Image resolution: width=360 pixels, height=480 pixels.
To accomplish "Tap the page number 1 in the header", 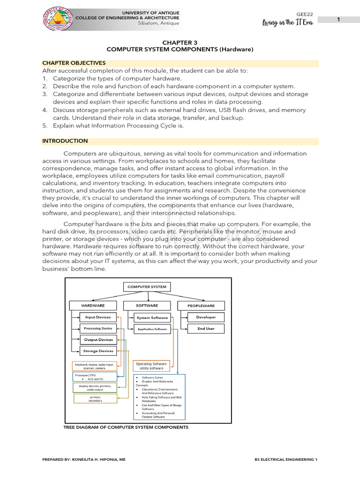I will [338, 19].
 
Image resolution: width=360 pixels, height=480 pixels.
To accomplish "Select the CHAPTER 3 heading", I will [180, 42].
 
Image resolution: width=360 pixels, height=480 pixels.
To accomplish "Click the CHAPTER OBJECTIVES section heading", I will [74, 63].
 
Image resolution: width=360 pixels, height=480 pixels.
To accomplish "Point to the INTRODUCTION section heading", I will [65, 141].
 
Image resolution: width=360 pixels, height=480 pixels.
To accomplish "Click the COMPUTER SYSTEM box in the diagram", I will [147, 287].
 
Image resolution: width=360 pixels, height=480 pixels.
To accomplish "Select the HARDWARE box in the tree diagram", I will [93, 306].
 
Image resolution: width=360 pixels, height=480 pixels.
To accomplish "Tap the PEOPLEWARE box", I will [201, 306].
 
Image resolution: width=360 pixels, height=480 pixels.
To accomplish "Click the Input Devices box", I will [98, 317].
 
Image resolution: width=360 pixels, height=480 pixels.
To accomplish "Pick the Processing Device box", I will [98, 329].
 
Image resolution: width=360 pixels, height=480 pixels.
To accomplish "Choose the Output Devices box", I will [98, 340].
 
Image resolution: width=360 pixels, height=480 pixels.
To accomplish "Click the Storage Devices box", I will [98, 351].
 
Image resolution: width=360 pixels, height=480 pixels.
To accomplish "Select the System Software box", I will [152, 318].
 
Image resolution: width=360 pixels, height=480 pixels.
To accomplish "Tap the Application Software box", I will [152, 329].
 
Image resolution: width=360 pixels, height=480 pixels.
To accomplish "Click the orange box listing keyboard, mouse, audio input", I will [95, 366].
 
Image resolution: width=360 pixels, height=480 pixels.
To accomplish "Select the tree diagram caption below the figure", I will [126, 427].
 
